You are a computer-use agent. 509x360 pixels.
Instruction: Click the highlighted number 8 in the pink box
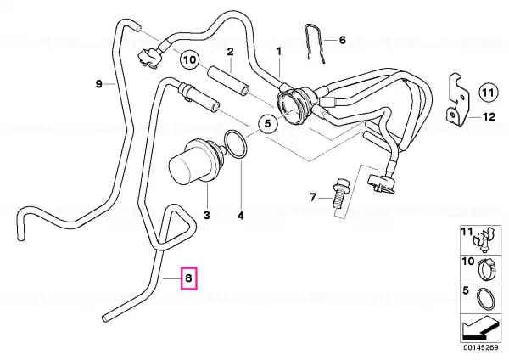[188, 278]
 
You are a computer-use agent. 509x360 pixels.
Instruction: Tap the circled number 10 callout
[190, 59]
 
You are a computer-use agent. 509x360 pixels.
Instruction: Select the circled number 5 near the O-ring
[267, 123]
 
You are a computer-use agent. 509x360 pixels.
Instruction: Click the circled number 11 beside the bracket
[488, 93]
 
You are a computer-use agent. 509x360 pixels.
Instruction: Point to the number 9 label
[99, 84]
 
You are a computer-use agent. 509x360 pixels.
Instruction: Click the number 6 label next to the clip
[343, 40]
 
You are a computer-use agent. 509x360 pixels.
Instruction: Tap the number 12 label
[489, 116]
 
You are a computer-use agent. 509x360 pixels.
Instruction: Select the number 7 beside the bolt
[313, 197]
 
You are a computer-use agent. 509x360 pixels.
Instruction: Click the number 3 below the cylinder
[206, 215]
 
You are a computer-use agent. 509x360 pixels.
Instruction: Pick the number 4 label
[241, 216]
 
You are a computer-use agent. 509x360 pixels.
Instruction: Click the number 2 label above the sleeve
[230, 52]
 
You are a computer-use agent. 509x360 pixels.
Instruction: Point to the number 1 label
[279, 51]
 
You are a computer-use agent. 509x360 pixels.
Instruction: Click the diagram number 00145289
[480, 347]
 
